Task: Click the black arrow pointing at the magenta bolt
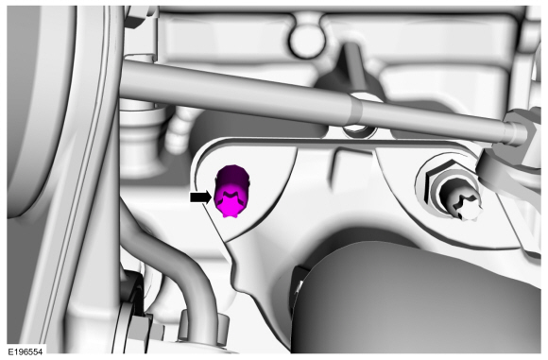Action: pos(200,197)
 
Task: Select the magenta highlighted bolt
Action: pos(232,191)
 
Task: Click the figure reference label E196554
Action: pos(26,351)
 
